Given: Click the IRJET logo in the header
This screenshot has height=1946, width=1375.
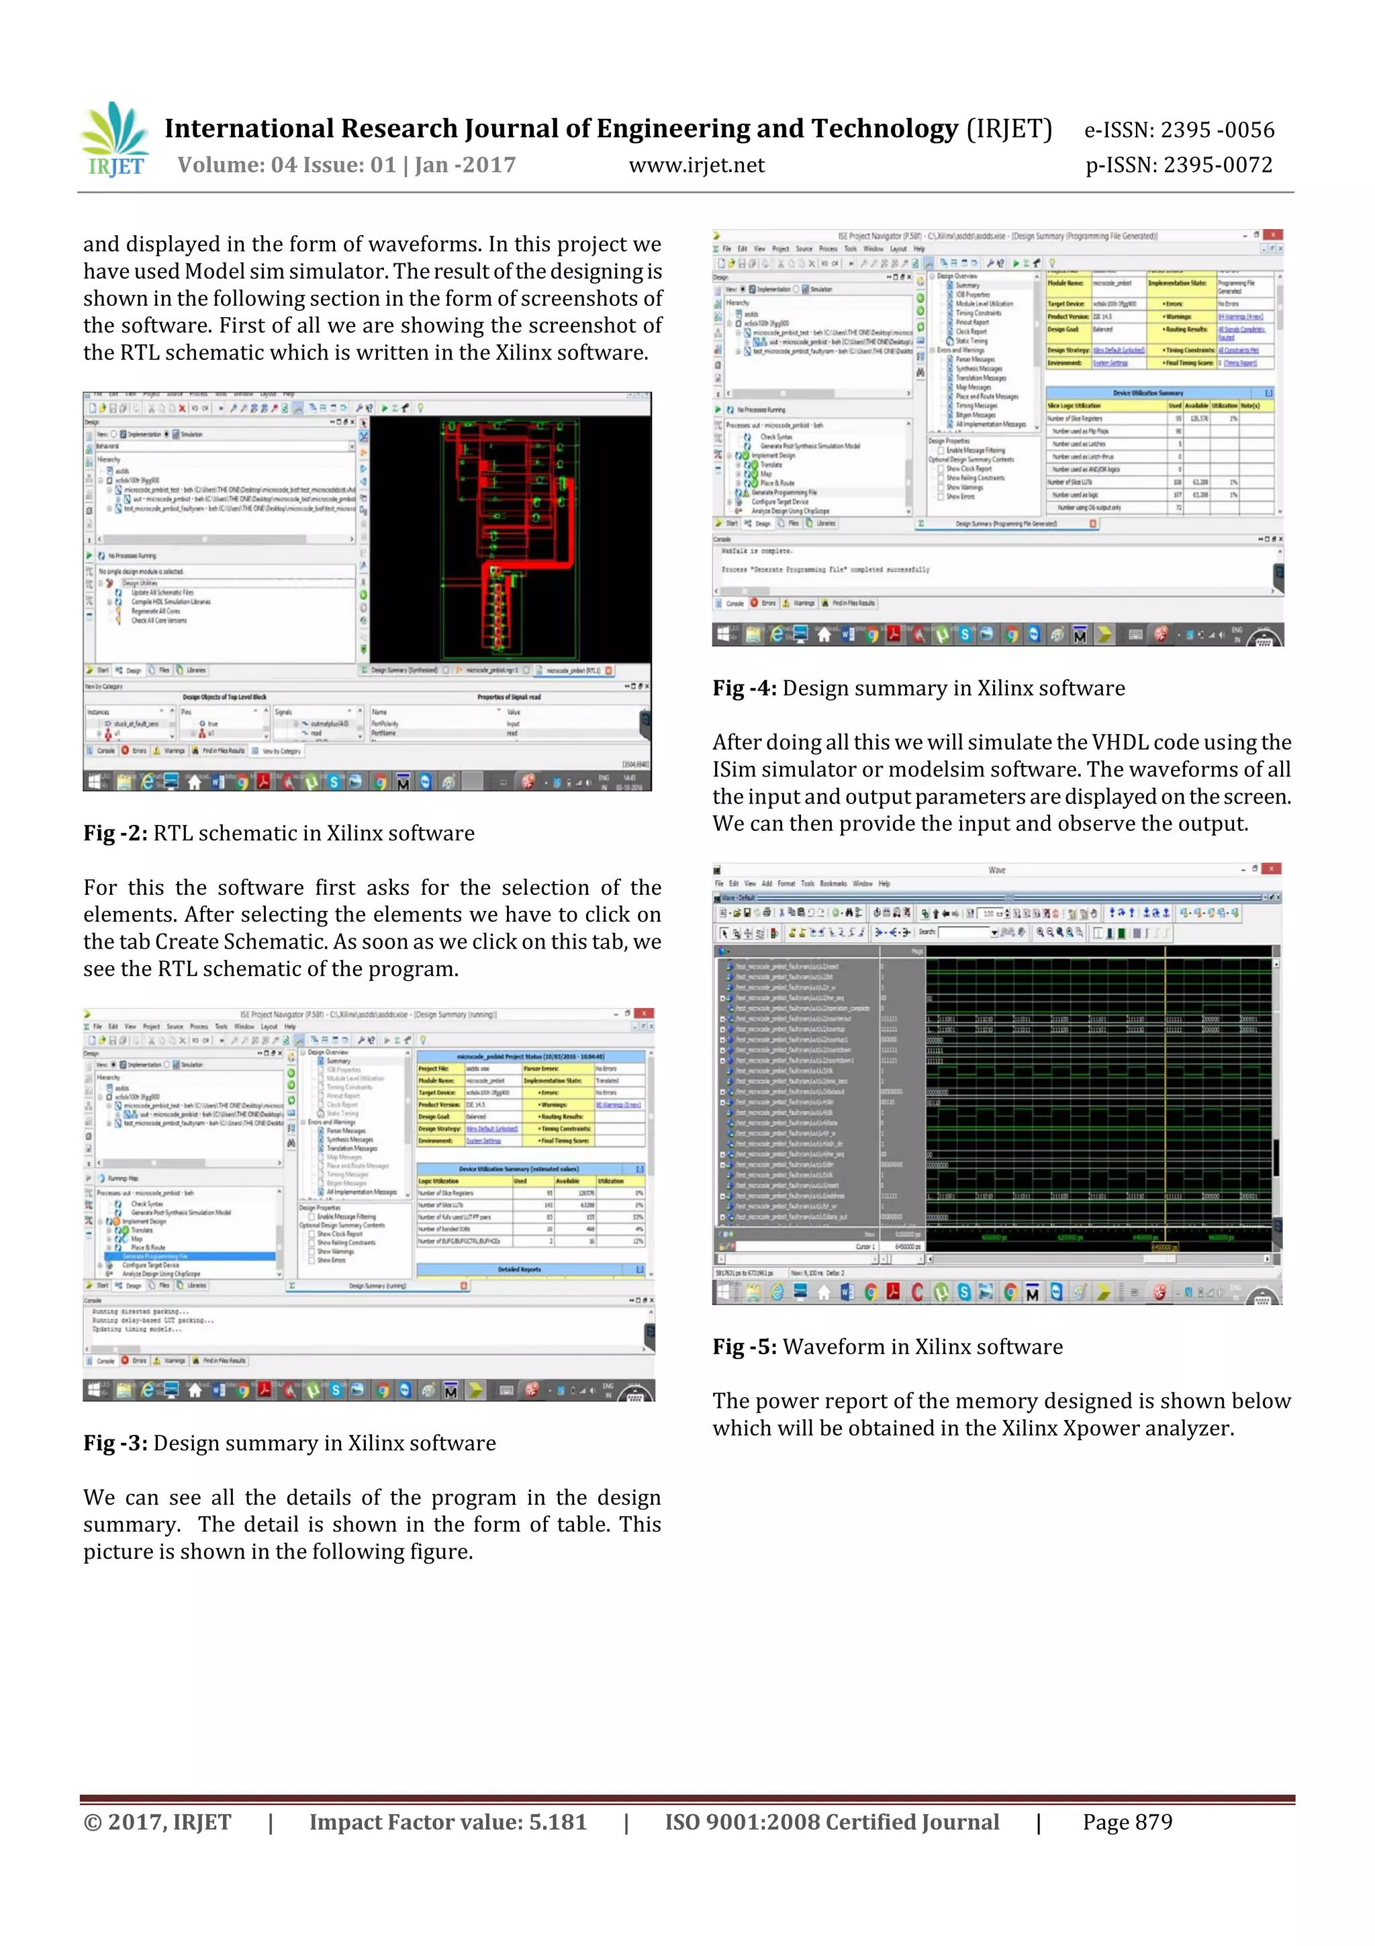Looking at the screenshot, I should [x=115, y=139].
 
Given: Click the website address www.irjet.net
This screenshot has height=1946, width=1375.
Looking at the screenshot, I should [x=696, y=165].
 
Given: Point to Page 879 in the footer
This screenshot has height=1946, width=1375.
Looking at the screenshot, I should [x=1127, y=1822].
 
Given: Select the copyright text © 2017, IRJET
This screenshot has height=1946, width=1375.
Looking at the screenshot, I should [x=158, y=1822].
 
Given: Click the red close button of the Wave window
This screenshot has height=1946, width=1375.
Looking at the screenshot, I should [x=1272, y=869].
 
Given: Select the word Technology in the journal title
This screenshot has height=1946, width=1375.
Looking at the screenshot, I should [x=884, y=129].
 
